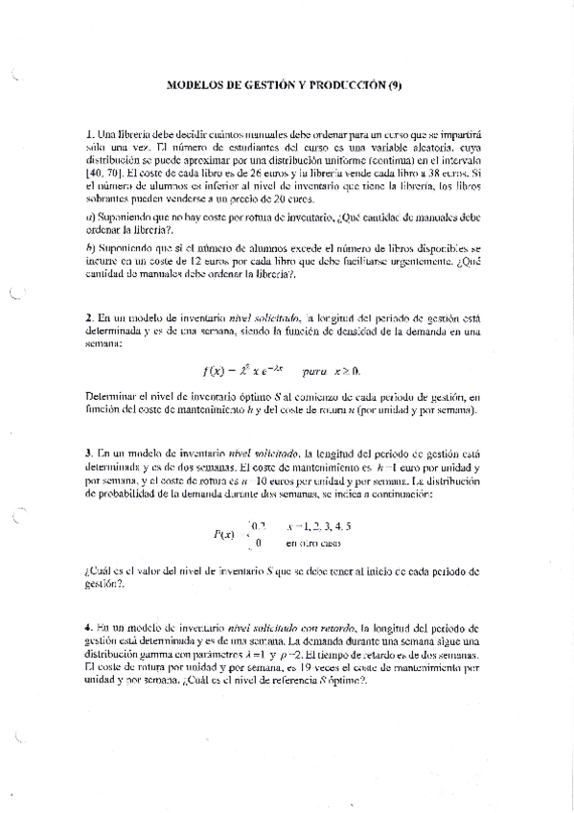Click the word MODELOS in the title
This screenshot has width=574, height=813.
(194, 84)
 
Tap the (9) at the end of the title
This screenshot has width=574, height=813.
(395, 84)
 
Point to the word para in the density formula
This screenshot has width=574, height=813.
(313, 369)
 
